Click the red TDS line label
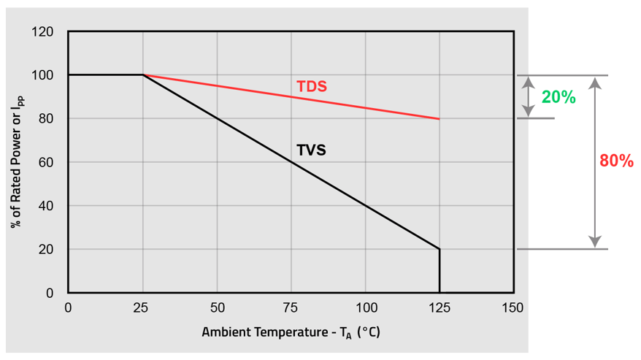click(x=311, y=87)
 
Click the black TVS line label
click(x=311, y=151)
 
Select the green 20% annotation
click(x=559, y=97)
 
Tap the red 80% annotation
click(x=616, y=161)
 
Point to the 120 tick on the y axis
click(x=43, y=32)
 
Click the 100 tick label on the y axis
click(x=43, y=75)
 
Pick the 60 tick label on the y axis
click(x=46, y=162)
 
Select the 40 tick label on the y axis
click(x=46, y=206)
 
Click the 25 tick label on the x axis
click(x=142, y=307)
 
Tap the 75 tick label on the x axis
click(x=291, y=307)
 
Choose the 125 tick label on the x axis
click(x=439, y=307)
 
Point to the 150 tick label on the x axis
click(x=513, y=307)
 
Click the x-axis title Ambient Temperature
click(x=291, y=333)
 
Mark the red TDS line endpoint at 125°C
click(x=439, y=118)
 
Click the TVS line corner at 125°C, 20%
click(x=440, y=249)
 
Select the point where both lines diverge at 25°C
click(x=143, y=75)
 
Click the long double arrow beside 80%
click(x=596, y=162)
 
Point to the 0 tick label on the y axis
click(x=50, y=293)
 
